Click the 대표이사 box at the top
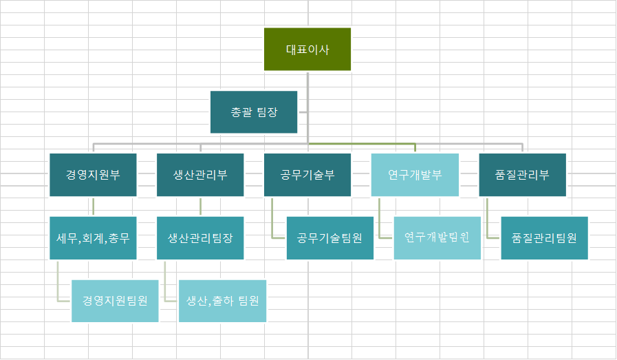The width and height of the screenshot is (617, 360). click(307, 49)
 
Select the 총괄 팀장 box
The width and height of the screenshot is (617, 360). click(254, 112)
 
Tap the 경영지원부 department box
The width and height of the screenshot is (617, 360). click(93, 175)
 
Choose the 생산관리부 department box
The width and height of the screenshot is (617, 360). click(200, 175)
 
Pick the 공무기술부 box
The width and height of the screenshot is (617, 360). click(307, 175)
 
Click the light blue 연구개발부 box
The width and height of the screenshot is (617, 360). click(415, 175)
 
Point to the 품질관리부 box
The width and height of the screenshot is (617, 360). click(522, 175)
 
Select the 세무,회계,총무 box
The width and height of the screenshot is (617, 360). click(93, 238)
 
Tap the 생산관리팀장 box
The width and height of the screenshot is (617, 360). click(200, 238)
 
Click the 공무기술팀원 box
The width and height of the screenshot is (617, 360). click(330, 238)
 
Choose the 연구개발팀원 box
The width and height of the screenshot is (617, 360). click(437, 238)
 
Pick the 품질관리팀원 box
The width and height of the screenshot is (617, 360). click(545, 238)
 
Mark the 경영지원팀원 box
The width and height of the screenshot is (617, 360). click(115, 301)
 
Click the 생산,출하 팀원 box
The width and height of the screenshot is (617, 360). click(222, 301)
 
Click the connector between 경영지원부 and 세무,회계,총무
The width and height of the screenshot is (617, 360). click(93, 207)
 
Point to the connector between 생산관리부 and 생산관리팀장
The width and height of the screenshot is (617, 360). click(200, 207)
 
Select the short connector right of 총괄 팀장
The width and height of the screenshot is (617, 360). click(303, 112)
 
